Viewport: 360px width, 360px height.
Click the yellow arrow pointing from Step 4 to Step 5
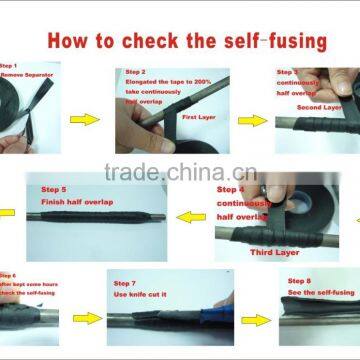pyautogui.click(x=191, y=215)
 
